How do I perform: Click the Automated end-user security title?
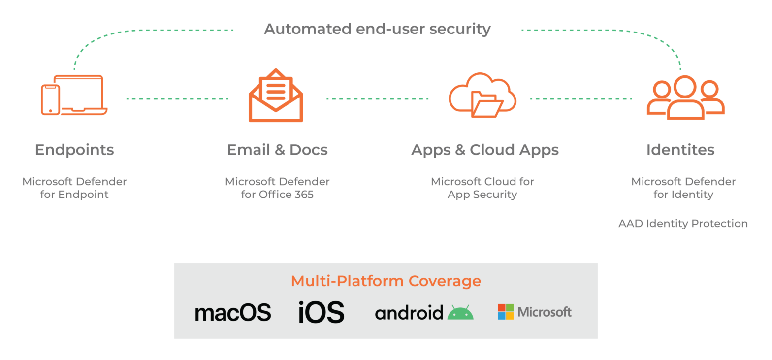pos(377,29)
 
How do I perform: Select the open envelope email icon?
pos(276,96)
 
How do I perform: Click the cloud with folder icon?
pos(482,96)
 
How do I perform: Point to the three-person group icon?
pos(685,98)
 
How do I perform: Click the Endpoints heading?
pos(74,150)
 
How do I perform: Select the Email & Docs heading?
pos(277,150)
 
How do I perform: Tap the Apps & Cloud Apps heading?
pos(484,150)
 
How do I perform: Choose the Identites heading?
pos(680,150)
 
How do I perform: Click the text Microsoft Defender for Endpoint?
pos(74,188)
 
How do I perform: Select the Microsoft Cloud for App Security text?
pos(482,188)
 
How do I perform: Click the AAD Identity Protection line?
pos(683,224)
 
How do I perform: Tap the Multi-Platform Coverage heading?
pos(386,281)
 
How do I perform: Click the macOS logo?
pos(233,313)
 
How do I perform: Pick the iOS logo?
pos(321,312)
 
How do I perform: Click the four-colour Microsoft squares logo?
pos(505,312)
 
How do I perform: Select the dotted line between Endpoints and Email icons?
pos(177,99)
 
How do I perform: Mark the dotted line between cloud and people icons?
pos(580,99)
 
